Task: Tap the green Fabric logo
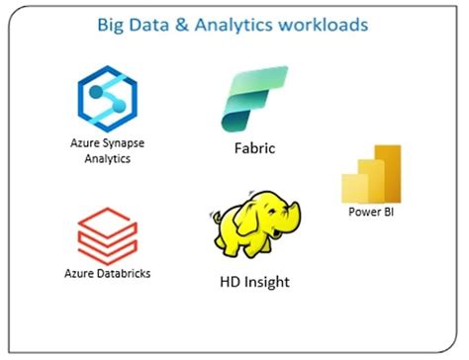(254, 99)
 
